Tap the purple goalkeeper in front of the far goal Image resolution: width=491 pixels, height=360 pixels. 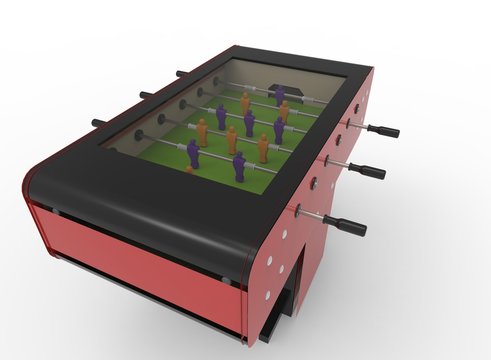pos(280,95)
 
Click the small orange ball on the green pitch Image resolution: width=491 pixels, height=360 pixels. pos(188,170)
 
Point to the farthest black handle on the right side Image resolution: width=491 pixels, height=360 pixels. pos(383,131)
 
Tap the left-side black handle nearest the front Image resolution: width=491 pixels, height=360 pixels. pos(99,123)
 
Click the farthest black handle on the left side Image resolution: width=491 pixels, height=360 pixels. pos(180,73)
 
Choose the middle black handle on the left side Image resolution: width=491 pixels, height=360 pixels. pos(146,95)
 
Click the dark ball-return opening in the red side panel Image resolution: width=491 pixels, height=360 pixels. pos(293,270)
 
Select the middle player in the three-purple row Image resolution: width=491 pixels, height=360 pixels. pos(249,123)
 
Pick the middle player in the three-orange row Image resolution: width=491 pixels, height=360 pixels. pos(232,139)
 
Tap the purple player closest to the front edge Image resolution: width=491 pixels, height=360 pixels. pos(240,166)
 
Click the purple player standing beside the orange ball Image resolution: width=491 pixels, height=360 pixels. pos(193,153)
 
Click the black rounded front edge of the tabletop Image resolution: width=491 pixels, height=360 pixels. pos(140,205)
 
